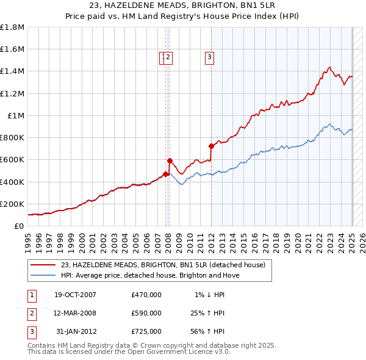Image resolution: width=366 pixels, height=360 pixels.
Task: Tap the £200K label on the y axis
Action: pyautogui.click(x=12, y=204)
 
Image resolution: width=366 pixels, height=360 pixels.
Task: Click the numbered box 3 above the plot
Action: pyautogui.click(x=209, y=57)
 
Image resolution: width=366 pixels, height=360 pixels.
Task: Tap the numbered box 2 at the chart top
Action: pyautogui.click(x=169, y=57)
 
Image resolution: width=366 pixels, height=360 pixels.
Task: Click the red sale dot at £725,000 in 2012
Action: pyautogui.click(x=211, y=146)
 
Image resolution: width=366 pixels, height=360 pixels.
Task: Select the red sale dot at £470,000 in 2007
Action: pyautogui.click(x=165, y=174)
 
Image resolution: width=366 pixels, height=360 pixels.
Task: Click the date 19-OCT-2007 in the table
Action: pyautogui.click(x=75, y=295)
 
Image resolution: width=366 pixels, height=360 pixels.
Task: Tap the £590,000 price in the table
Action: pyautogui.click(x=146, y=313)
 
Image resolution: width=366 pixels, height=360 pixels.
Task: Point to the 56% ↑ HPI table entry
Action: pyautogui.click(x=209, y=331)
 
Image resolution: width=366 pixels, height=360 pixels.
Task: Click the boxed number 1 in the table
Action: pyautogui.click(x=31, y=295)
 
